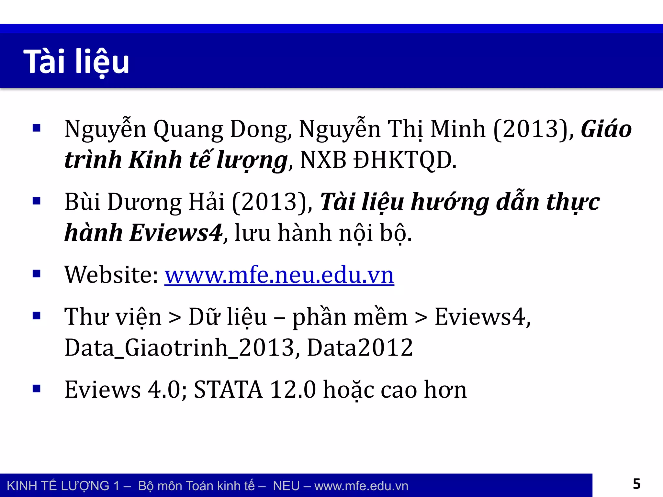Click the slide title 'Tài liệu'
[x=76, y=61]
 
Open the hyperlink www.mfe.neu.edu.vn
[x=279, y=275]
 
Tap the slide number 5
[x=636, y=484]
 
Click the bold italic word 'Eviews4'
[x=176, y=233]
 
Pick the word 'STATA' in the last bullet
[x=228, y=390]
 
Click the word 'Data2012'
[x=360, y=348]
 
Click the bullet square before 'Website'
[x=37, y=274]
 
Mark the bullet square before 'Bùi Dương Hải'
[x=37, y=201]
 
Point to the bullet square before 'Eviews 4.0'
[x=37, y=388]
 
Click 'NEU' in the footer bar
[x=286, y=486]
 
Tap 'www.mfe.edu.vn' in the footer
[x=361, y=486]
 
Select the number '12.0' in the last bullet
[x=293, y=390]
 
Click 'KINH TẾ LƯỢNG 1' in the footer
[x=63, y=486]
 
